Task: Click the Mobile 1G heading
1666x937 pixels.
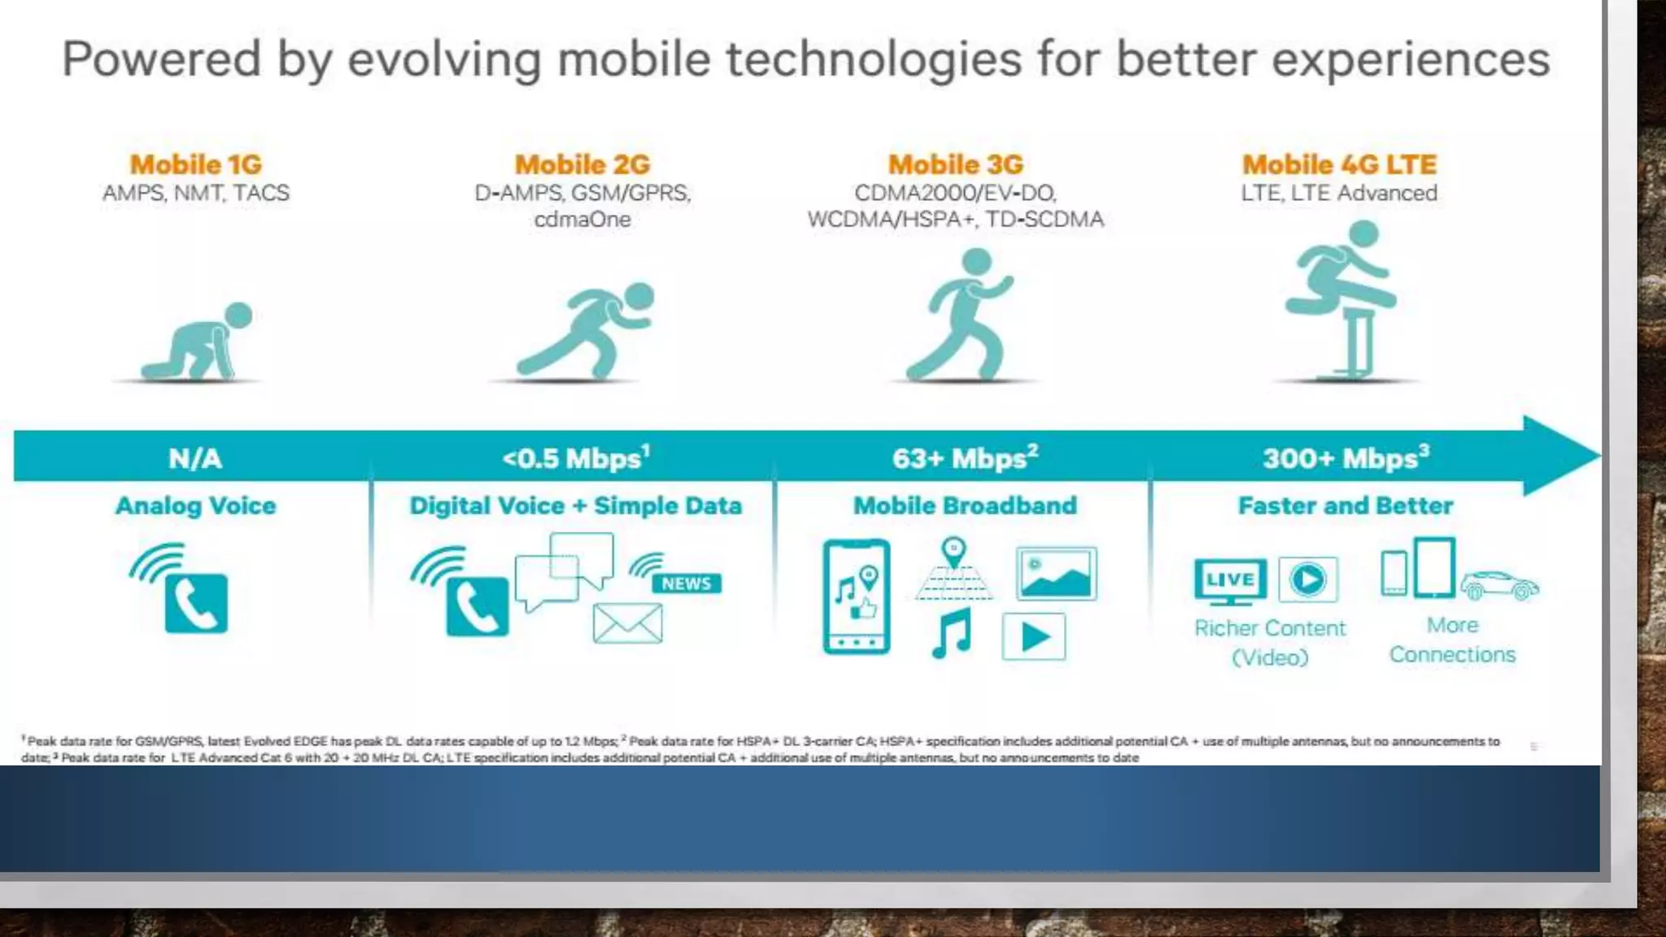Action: point(196,165)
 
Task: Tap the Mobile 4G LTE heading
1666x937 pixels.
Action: point(1339,165)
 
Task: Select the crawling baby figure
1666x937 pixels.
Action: point(198,344)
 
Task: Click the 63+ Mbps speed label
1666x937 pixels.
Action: point(965,459)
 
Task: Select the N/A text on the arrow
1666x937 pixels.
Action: point(194,459)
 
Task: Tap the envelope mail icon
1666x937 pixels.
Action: point(627,624)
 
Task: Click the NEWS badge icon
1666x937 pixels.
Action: point(686,583)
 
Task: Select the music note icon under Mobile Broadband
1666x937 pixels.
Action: point(953,634)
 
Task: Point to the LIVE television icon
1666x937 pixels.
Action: point(1230,581)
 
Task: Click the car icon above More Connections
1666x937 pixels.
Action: point(1499,585)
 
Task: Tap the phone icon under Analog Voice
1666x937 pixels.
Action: point(196,603)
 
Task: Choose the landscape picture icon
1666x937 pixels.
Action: point(1056,573)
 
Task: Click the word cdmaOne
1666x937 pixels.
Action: point(582,220)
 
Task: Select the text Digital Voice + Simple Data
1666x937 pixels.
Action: point(575,506)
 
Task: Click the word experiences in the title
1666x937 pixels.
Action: point(1411,60)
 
